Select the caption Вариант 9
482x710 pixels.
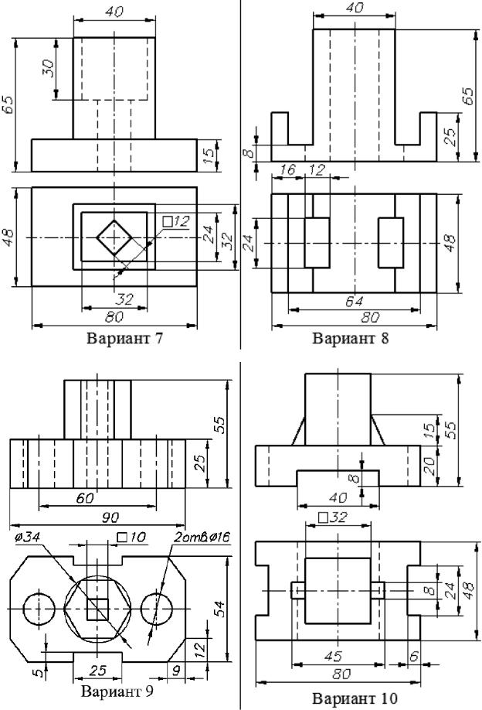117,691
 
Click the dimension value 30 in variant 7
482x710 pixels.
47,78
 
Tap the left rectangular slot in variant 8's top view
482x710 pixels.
317,242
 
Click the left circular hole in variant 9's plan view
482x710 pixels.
39,609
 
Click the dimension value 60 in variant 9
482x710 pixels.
85,498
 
